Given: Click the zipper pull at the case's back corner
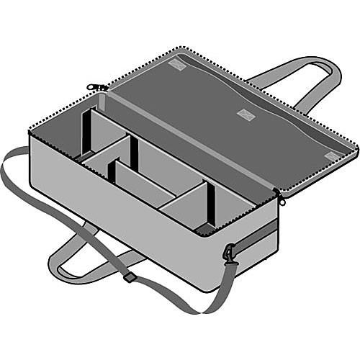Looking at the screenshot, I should [96, 87].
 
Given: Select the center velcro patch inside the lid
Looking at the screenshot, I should [246, 114].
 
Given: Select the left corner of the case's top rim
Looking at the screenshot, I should [30, 132].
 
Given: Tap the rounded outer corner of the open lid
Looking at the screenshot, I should [355, 149].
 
